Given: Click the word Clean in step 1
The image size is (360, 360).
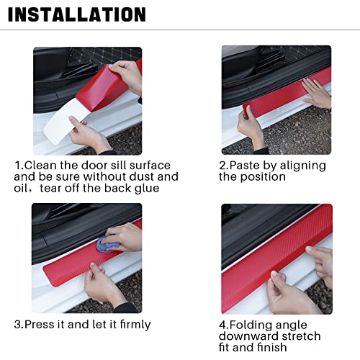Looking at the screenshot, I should pyautogui.click(x=40, y=165).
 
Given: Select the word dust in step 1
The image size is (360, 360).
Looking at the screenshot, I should pyautogui.click(x=143, y=176).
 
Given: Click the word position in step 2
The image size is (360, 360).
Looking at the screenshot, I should pyautogui.click(x=264, y=177).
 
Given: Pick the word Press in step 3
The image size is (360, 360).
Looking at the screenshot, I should pyautogui.click(x=41, y=324).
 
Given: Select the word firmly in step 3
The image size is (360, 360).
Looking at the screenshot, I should pyautogui.click(x=131, y=324).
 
